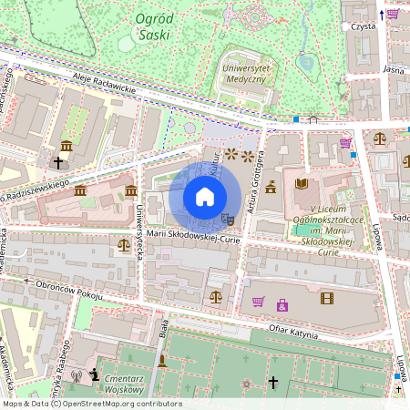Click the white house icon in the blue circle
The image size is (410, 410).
tap(205, 197)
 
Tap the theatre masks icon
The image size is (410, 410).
tap(229, 219)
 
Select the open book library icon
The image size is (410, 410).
tap(302, 184)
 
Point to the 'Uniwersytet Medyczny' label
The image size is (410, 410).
tap(243, 74)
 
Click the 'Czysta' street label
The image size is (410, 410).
tap(363, 26)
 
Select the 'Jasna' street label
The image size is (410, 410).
tap(393, 68)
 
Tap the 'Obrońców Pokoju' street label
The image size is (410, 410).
tap(65, 291)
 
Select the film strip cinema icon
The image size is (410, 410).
tap(326, 297)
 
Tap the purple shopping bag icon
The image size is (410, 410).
tap(282, 304)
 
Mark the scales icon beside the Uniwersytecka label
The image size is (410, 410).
tap(123, 244)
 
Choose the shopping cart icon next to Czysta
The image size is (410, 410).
tap(392, 14)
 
